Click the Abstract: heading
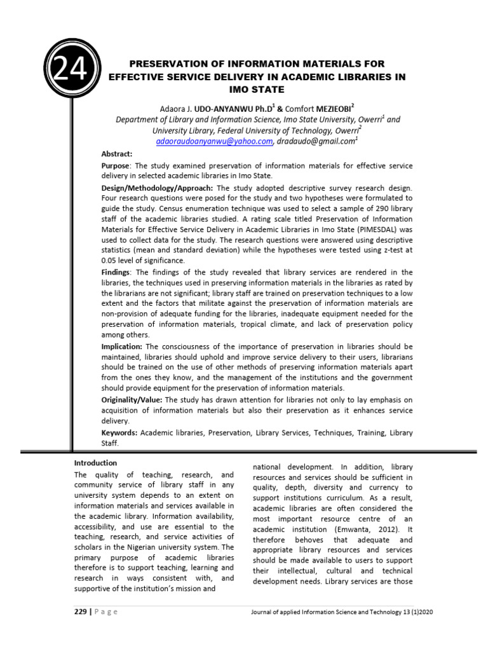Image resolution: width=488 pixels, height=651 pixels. click(117, 154)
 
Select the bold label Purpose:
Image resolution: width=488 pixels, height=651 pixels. click(115, 165)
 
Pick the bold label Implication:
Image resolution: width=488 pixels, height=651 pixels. click(122, 346)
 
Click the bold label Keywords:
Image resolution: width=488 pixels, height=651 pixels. click(119, 432)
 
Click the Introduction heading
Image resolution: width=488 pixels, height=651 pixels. click(96, 463)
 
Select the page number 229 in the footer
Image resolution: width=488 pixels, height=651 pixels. click(83, 612)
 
